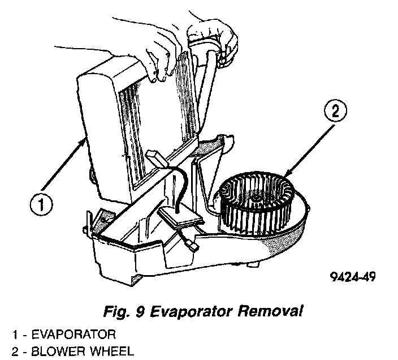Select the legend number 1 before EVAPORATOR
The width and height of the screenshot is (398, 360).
(5, 333)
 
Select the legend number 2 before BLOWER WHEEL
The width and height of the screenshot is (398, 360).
(5, 352)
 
